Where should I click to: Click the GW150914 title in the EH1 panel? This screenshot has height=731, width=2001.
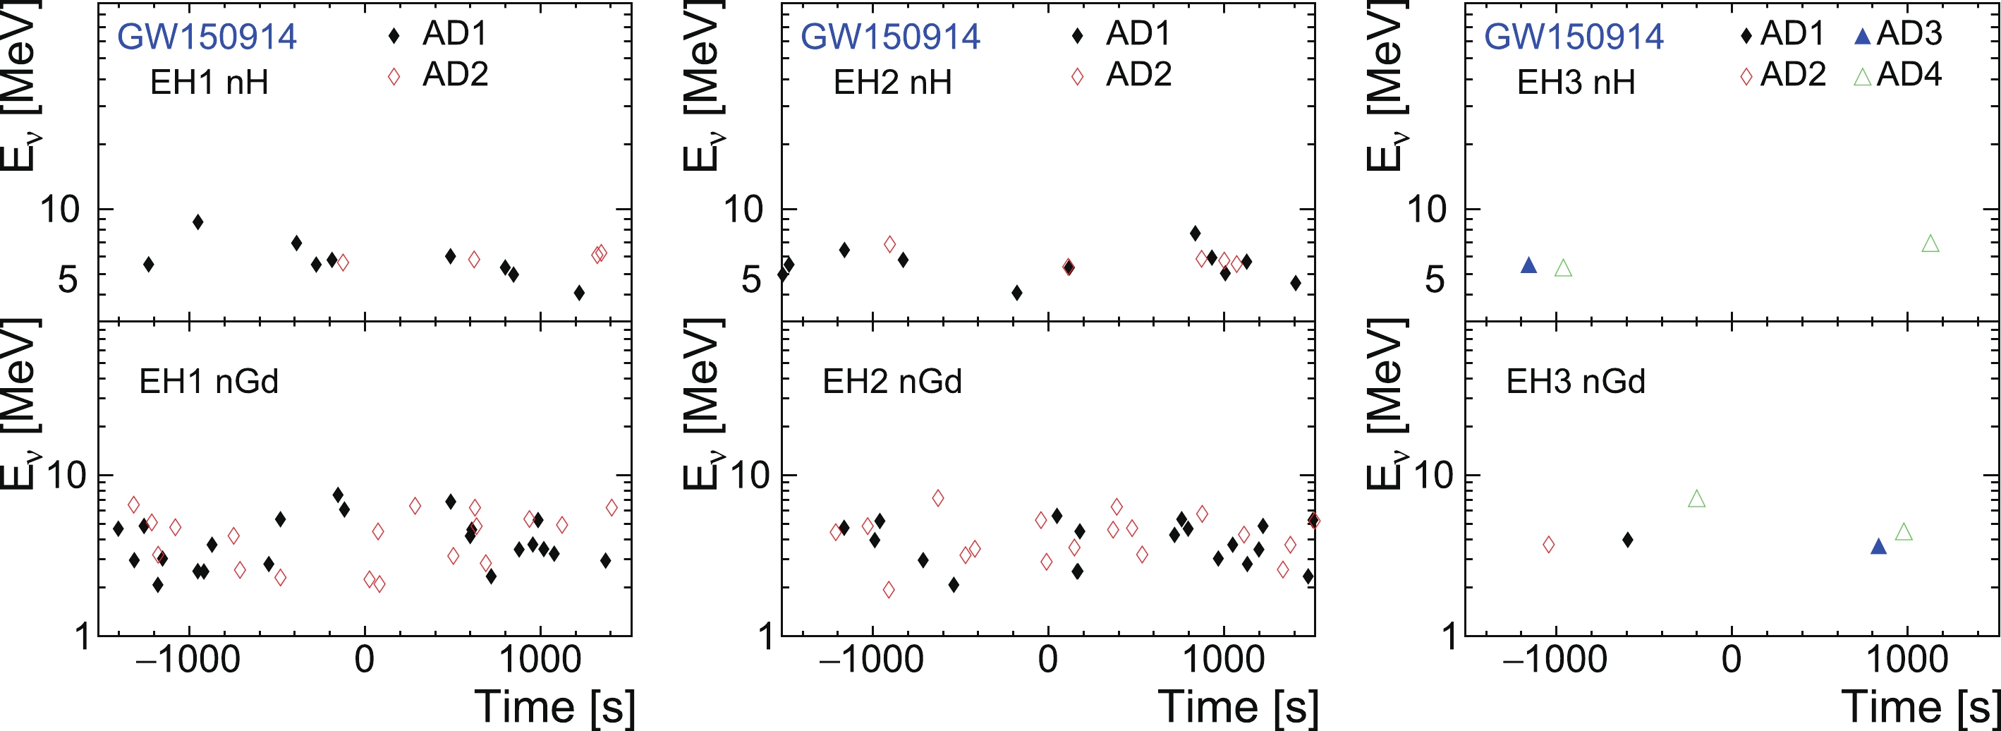coord(207,37)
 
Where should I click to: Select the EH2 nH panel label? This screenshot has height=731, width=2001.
coord(892,83)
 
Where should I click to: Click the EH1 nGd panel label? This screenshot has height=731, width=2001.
coord(208,382)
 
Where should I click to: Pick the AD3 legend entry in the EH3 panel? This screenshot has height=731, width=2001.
coord(1899,33)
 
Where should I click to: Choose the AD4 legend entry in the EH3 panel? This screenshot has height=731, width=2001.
coord(1899,75)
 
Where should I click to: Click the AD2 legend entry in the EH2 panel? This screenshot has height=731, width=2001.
coord(1124,75)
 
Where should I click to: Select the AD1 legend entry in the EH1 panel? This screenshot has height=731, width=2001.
coord(439,33)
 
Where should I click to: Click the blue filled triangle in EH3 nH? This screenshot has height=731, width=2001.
coord(1528,266)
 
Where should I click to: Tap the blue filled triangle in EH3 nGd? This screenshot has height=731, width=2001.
coord(1878,547)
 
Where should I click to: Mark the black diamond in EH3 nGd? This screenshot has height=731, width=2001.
coord(1627,540)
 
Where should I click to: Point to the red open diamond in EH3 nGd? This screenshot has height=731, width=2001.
coord(1548,545)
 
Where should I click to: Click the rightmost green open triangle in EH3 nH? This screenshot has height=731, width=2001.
coord(1930,244)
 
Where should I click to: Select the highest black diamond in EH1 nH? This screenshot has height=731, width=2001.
coord(198,222)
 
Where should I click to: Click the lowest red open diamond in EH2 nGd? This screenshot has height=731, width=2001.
coord(889,590)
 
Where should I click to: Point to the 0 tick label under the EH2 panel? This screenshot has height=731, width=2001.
coord(1048,660)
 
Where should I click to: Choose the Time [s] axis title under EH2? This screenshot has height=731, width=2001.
coord(1239,707)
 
